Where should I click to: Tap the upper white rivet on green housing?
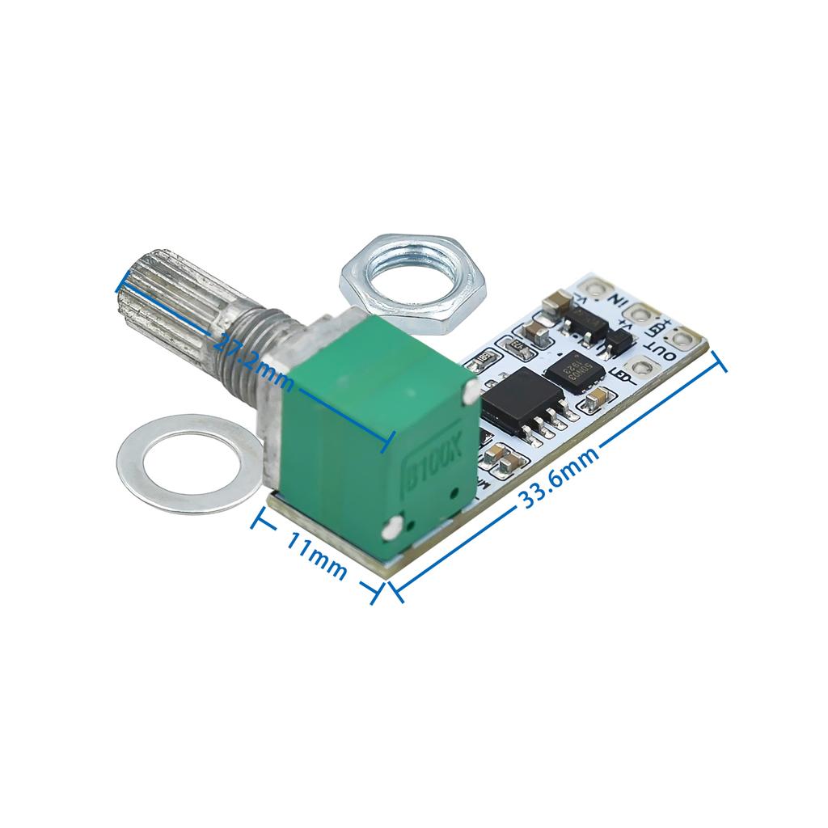(x=469, y=394)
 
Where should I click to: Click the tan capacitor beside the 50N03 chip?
(x=598, y=397)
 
